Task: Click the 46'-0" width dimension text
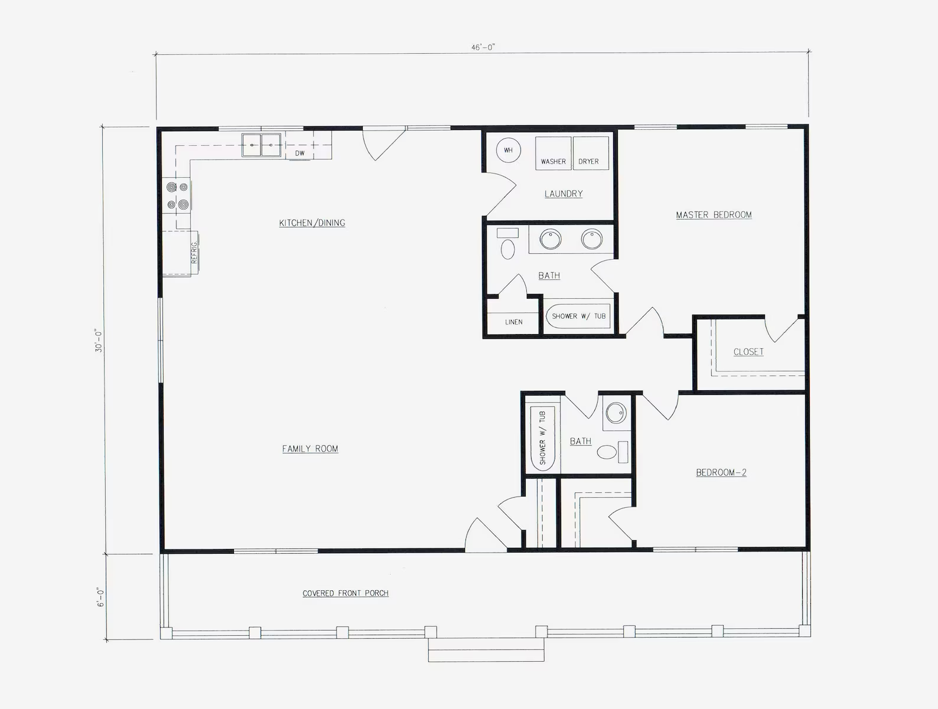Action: pyautogui.click(x=483, y=48)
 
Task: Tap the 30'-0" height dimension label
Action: pyautogui.click(x=99, y=341)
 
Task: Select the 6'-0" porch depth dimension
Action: pyautogui.click(x=101, y=597)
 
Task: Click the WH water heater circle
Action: pyautogui.click(x=508, y=150)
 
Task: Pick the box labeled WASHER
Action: pyautogui.click(x=553, y=153)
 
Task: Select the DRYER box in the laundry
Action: pyautogui.click(x=591, y=153)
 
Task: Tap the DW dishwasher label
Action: pyautogui.click(x=300, y=153)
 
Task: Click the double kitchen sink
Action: pyautogui.click(x=261, y=145)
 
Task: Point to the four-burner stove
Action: pyautogui.click(x=177, y=196)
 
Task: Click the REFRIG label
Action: pyautogui.click(x=194, y=253)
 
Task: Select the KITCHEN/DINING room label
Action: pyautogui.click(x=312, y=223)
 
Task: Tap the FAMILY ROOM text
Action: pyautogui.click(x=310, y=449)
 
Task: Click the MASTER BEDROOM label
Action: pyautogui.click(x=714, y=215)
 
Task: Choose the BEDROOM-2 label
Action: pyautogui.click(x=721, y=472)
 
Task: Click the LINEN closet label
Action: pyautogui.click(x=513, y=322)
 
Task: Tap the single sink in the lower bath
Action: pyautogui.click(x=615, y=413)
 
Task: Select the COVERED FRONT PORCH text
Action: pyautogui.click(x=346, y=593)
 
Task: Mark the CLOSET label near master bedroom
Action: pyautogui.click(x=748, y=352)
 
